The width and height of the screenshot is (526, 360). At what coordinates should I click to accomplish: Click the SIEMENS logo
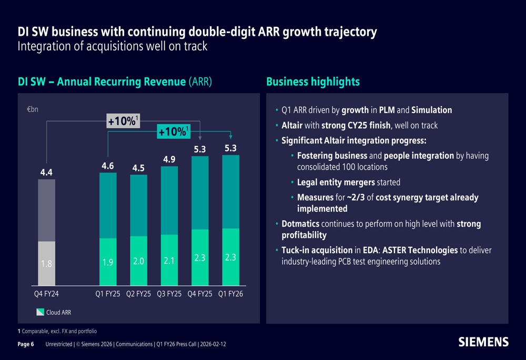point(483,342)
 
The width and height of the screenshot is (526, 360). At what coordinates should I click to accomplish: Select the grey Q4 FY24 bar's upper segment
point(47,210)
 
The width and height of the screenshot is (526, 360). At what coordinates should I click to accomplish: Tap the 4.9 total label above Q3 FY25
point(169,159)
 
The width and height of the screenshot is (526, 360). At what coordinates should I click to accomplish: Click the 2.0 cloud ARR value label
point(138,261)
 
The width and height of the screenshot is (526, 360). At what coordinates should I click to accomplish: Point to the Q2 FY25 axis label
point(138,294)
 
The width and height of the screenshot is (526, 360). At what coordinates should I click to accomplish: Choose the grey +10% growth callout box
point(123,121)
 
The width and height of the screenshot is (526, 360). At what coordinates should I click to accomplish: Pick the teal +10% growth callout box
point(174,131)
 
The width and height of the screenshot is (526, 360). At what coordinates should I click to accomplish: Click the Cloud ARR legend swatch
point(41,312)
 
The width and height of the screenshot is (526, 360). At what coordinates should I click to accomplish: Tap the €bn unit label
point(33,109)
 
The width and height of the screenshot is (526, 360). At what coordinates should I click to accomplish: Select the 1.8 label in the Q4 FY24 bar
point(46,264)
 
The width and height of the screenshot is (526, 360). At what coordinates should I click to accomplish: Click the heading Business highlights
point(313,82)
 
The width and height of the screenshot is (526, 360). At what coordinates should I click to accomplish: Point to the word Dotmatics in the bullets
point(300,223)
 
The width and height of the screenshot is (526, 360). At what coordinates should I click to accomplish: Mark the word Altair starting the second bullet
point(292,126)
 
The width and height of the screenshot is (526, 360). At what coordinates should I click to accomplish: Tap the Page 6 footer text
point(26,344)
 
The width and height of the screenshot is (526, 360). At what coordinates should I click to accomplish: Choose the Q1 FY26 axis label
point(231,294)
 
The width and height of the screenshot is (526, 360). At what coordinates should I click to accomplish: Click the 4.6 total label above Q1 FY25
point(108,166)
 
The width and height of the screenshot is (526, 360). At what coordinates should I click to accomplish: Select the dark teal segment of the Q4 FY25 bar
point(200,193)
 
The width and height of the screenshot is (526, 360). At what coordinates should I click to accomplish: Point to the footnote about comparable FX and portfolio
point(57,331)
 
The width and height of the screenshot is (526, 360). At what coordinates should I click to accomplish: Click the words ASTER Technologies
point(420,250)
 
